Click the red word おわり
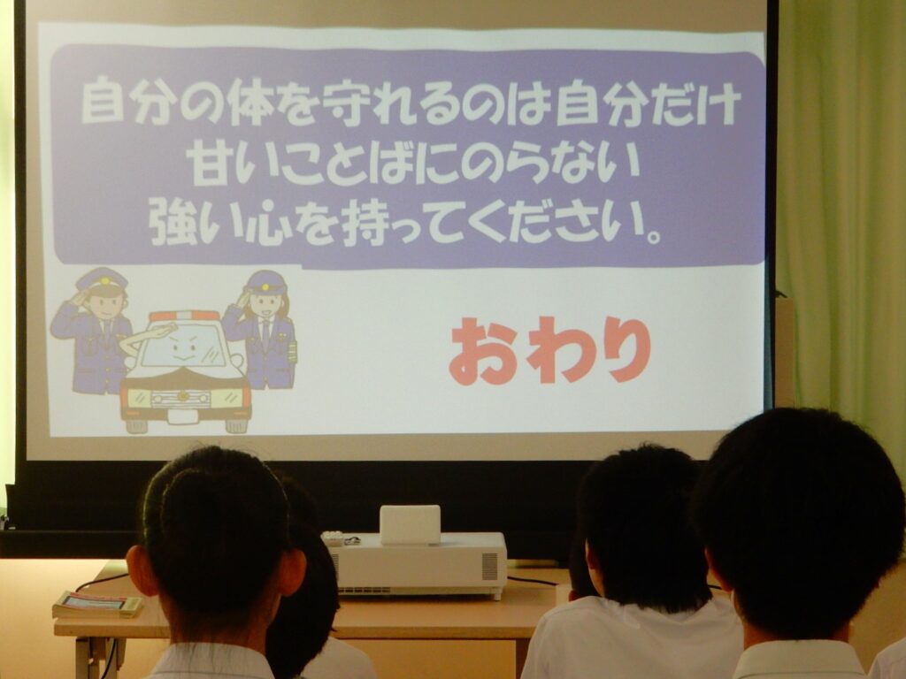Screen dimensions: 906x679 click(x=549, y=350)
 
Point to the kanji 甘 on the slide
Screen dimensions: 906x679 click(x=209, y=163)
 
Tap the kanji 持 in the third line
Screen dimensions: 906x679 click(x=362, y=222)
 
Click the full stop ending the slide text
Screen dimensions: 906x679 click(x=654, y=237)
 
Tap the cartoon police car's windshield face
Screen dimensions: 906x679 click(x=182, y=347)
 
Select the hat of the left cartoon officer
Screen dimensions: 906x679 click(x=102, y=280)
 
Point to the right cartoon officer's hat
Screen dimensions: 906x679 click(x=265, y=282)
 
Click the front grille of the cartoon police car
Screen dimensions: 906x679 click(x=180, y=399)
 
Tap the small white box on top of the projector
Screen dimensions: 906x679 click(x=410, y=524)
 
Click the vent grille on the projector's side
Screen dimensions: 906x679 click(x=489, y=567)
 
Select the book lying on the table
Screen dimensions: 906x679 click(x=97, y=605)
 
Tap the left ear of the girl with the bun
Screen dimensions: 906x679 click(x=140, y=570)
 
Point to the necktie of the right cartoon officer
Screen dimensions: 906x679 click(x=265, y=333)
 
